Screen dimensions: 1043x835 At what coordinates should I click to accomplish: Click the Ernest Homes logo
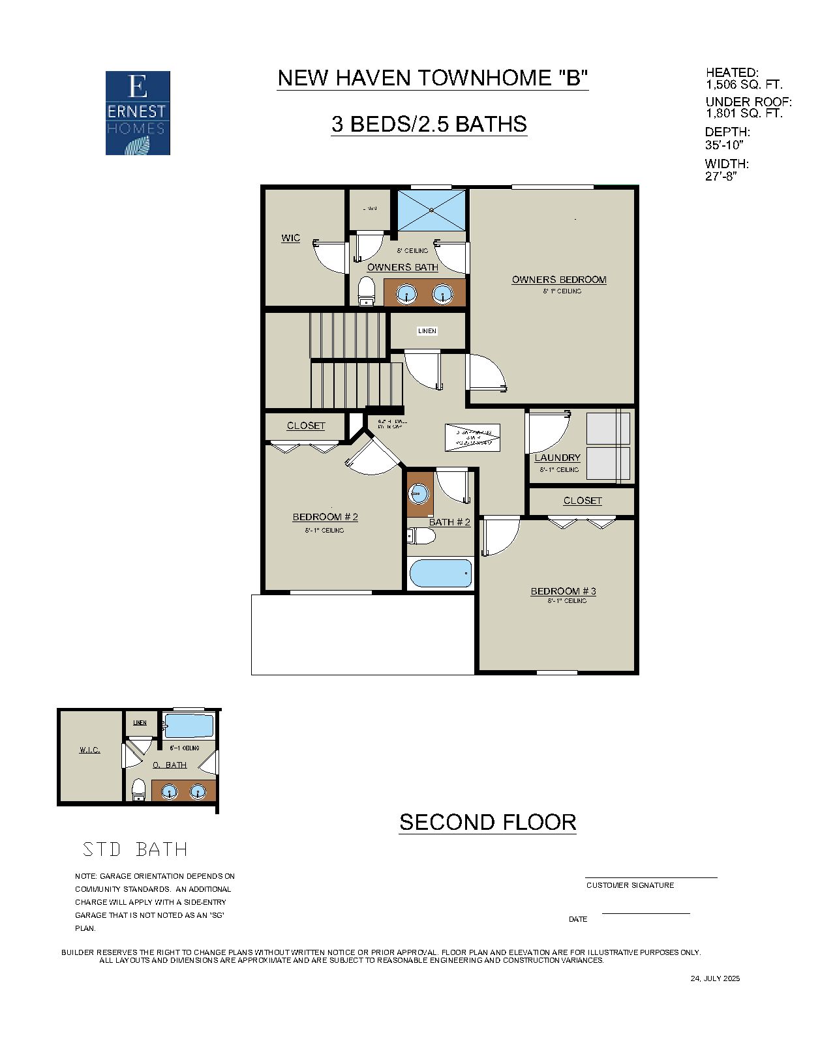pyautogui.click(x=138, y=113)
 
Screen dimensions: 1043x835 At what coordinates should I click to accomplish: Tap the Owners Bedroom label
pyautogui.click(x=559, y=280)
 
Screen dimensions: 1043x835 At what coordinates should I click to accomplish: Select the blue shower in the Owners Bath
pyautogui.click(x=432, y=210)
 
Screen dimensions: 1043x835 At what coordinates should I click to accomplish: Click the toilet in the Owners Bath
pyautogui.click(x=367, y=291)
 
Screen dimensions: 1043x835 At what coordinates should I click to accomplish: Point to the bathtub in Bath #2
pyautogui.click(x=440, y=574)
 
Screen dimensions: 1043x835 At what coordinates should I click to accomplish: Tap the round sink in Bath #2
pyautogui.click(x=418, y=493)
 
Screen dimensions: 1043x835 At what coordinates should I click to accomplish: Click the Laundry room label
pyautogui.click(x=557, y=458)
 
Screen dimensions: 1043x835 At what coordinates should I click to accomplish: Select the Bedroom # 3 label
pyautogui.click(x=563, y=591)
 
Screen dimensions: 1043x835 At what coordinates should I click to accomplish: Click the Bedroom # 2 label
pyautogui.click(x=325, y=517)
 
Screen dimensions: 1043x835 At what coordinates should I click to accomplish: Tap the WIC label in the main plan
pyautogui.click(x=291, y=238)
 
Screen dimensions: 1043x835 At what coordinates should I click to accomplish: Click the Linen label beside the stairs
pyautogui.click(x=427, y=331)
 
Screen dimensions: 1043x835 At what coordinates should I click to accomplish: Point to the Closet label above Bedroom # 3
pyautogui.click(x=583, y=501)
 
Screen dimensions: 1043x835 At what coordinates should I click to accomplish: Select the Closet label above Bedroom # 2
pyautogui.click(x=306, y=426)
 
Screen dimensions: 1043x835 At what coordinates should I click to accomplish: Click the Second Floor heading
pyautogui.click(x=487, y=822)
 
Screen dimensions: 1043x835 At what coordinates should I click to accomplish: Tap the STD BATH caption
pyautogui.click(x=135, y=849)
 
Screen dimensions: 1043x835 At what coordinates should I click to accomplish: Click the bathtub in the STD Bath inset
pyautogui.click(x=189, y=726)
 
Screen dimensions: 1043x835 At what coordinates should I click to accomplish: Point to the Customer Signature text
pyautogui.click(x=630, y=885)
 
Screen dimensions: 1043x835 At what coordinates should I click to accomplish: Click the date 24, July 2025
pyautogui.click(x=715, y=978)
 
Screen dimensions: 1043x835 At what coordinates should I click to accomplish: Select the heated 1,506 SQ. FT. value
pyautogui.click(x=744, y=85)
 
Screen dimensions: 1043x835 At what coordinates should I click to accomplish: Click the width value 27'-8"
pyautogui.click(x=720, y=176)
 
